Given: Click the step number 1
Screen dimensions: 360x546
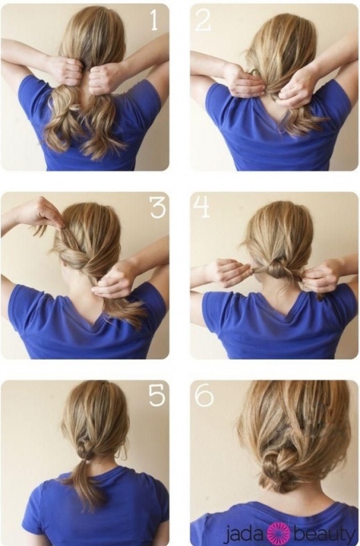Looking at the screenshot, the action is pyautogui.click(x=154, y=19).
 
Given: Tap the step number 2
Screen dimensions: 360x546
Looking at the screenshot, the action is pyautogui.click(x=203, y=20).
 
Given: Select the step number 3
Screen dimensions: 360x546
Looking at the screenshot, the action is pyautogui.click(x=158, y=207).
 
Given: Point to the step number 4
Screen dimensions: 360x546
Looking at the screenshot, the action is pyautogui.click(x=202, y=207).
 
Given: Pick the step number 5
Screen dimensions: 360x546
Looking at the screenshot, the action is pyautogui.click(x=157, y=395).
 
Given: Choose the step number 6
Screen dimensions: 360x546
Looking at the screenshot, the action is pyautogui.click(x=204, y=395).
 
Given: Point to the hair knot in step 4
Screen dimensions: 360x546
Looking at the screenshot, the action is pyautogui.click(x=278, y=269).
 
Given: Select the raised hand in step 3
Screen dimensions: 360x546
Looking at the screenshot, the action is pyautogui.click(x=42, y=211).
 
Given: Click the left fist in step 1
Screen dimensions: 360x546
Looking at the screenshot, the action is pyautogui.click(x=66, y=70).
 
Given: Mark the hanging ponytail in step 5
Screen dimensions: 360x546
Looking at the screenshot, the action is pyautogui.click(x=86, y=484).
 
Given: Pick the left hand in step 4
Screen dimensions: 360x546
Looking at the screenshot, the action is pyautogui.click(x=228, y=272).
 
